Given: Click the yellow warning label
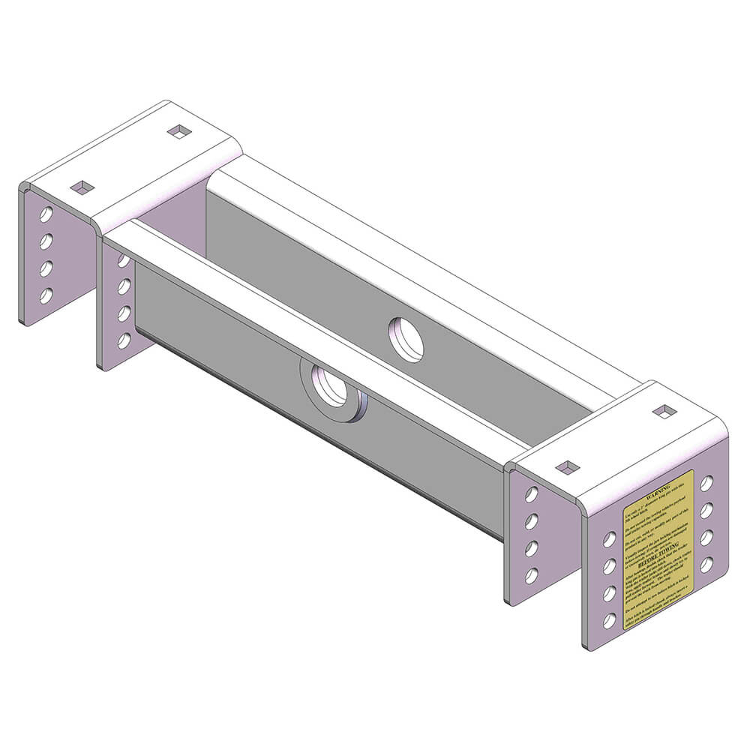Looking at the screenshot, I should (658, 551).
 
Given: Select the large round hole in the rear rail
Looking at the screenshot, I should (406, 339).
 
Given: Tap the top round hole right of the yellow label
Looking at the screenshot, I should (706, 484).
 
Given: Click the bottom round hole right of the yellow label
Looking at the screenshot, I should (706, 565).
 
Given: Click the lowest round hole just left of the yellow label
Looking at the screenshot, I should (610, 620).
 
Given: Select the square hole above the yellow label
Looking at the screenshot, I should (568, 467).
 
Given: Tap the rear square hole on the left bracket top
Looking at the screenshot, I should (179, 132).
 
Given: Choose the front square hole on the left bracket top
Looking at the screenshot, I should (82, 187).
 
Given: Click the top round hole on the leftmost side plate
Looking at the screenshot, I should (46, 214).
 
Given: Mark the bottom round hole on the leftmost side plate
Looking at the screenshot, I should (46, 295).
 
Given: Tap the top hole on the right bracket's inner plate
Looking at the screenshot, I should (531, 494).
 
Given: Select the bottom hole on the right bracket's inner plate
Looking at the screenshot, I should (531, 576).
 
